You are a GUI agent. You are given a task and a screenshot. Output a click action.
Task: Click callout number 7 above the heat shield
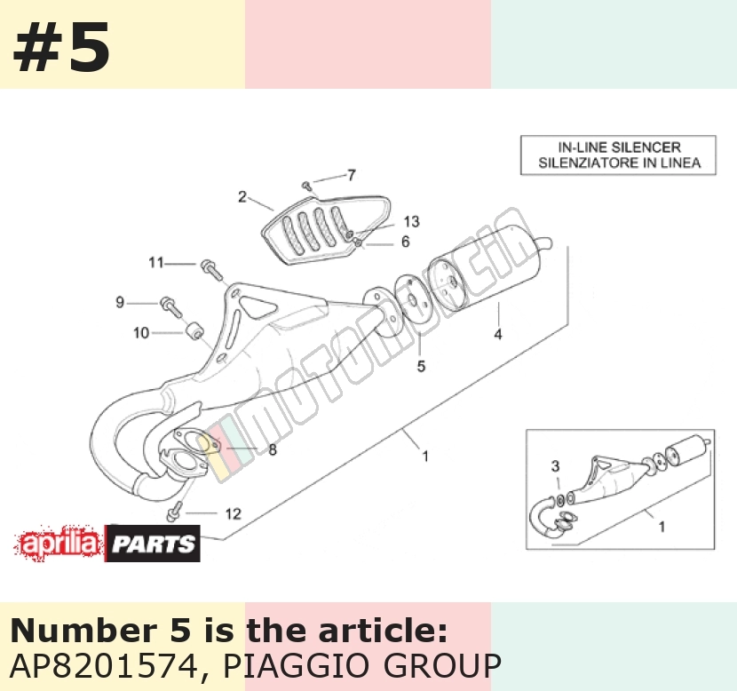pos(352,175)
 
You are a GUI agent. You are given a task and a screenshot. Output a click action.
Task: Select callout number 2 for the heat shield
pos(242,196)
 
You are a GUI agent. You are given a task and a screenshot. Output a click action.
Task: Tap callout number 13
pos(411,221)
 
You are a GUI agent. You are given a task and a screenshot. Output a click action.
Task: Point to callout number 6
pos(405,242)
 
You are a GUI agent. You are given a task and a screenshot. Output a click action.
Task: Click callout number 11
pos(156,262)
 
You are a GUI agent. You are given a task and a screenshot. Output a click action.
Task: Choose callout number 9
pos(120,302)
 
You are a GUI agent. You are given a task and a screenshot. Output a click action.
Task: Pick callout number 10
pos(141,333)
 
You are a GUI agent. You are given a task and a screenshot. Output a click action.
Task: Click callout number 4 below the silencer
pos(498,334)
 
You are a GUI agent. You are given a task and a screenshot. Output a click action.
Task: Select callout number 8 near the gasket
pos(273,449)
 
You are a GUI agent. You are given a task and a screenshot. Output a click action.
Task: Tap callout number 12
pos(234,513)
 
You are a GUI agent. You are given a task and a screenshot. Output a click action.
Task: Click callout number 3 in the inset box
pos(555,465)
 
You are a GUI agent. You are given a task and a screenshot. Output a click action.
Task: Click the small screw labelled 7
pos(307,187)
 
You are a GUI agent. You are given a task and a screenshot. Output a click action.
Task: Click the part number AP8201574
pos(103,665)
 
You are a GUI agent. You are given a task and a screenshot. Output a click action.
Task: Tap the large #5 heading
pos(62,47)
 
